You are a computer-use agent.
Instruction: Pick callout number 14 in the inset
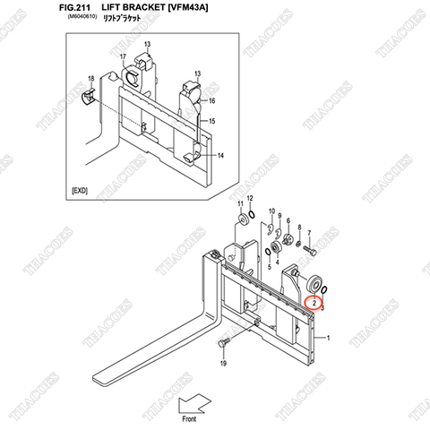[x=220, y=156]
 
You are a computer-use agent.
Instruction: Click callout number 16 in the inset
[x=212, y=100]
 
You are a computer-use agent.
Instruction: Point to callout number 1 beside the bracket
[x=328, y=338]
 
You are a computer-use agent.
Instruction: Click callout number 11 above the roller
[x=242, y=204]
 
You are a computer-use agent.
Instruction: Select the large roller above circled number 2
[x=315, y=284]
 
